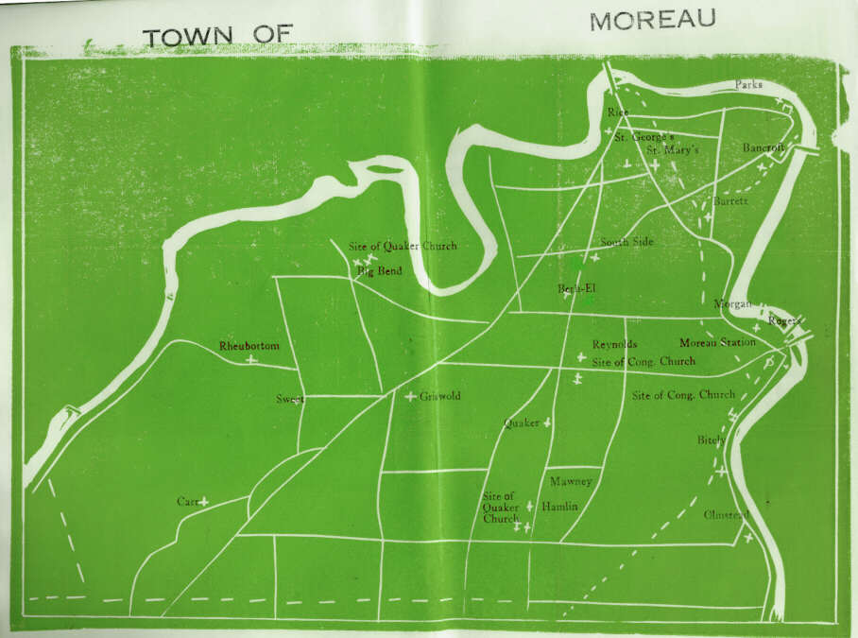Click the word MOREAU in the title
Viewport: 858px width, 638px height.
[x=652, y=20]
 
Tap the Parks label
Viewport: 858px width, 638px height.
[x=748, y=84]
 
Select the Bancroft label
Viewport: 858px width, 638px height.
[x=764, y=148]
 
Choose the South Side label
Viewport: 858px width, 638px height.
[x=626, y=242]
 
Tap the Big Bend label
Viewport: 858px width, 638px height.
[x=379, y=271]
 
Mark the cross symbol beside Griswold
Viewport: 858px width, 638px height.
[x=410, y=396]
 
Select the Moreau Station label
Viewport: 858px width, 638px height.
[x=717, y=342]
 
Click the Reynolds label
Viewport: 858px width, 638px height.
[x=614, y=344]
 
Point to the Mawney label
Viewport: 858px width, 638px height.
[x=571, y=481]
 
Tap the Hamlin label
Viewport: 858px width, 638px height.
[x=559, y=507]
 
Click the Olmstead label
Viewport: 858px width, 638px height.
[x=726, y=514]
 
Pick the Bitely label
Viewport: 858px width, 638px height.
[x=711, y=440]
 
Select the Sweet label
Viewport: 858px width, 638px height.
[x=289, y=399]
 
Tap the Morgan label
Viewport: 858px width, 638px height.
[x=732, y=303]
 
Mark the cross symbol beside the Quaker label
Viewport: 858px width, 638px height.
[x=546, y=423]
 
